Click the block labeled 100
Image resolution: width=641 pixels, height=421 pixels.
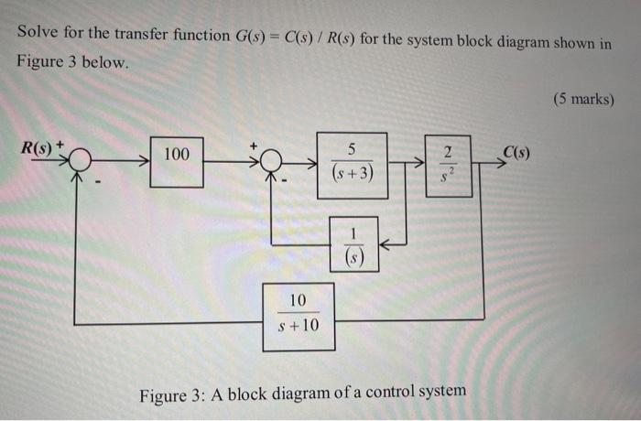(177, 160)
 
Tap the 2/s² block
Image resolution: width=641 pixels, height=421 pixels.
(448, 165)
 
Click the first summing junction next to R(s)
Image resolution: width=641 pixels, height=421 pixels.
(80, 160)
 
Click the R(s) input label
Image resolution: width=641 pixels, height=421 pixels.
(38, 146)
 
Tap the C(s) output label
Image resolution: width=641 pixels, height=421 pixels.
(516, 152)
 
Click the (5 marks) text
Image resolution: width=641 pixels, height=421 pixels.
(583, 99)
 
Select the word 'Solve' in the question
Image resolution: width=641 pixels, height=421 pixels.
(37, 35)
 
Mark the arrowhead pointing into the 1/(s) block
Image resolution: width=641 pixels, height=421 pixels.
(386, 243)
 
